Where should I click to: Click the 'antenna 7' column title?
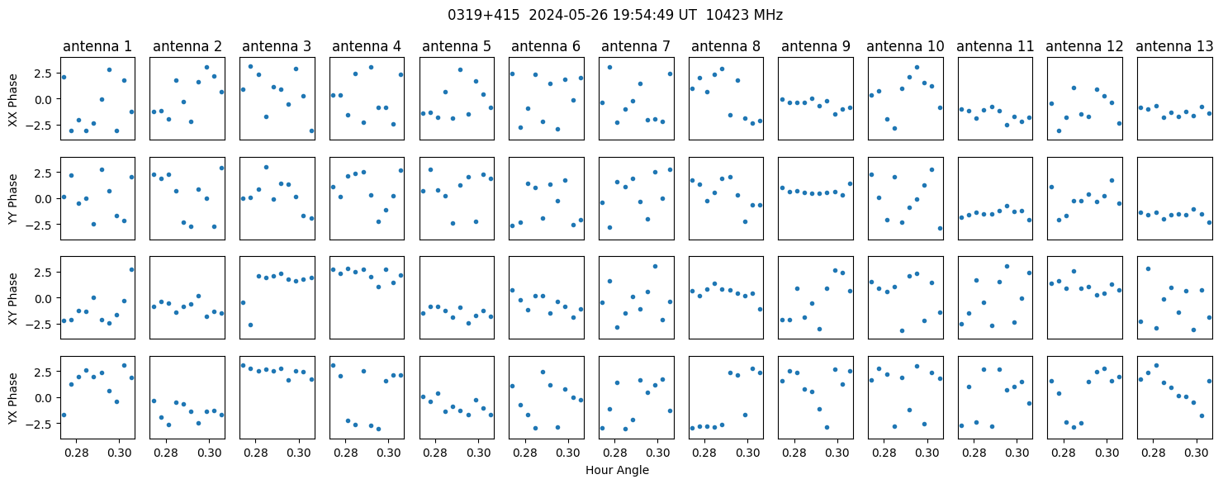[x=636, y=47]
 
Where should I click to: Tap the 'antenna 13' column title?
[x=1174, y=47]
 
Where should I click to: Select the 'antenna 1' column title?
[x=97, y=47]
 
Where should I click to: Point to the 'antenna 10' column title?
[x=905, y=47]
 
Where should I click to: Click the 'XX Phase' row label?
[x=12, y=99]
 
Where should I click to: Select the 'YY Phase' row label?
[x=12, y=199]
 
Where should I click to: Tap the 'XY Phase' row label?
[x=12, y=298]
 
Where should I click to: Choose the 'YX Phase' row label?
[x=12, y=397]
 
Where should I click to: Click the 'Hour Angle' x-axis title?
[x=617, y=470]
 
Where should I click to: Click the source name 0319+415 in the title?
[x=484, y=16]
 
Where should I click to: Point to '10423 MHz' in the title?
[x=744, y=16]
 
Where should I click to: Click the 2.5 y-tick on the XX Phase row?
[x=45, y=74]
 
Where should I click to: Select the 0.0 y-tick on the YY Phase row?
[x=45, y=199]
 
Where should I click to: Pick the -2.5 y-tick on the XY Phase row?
[x=42, y=325]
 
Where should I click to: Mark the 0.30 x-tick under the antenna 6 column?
[x=568, y=453]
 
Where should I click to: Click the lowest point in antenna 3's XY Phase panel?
[x=250, y=325]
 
